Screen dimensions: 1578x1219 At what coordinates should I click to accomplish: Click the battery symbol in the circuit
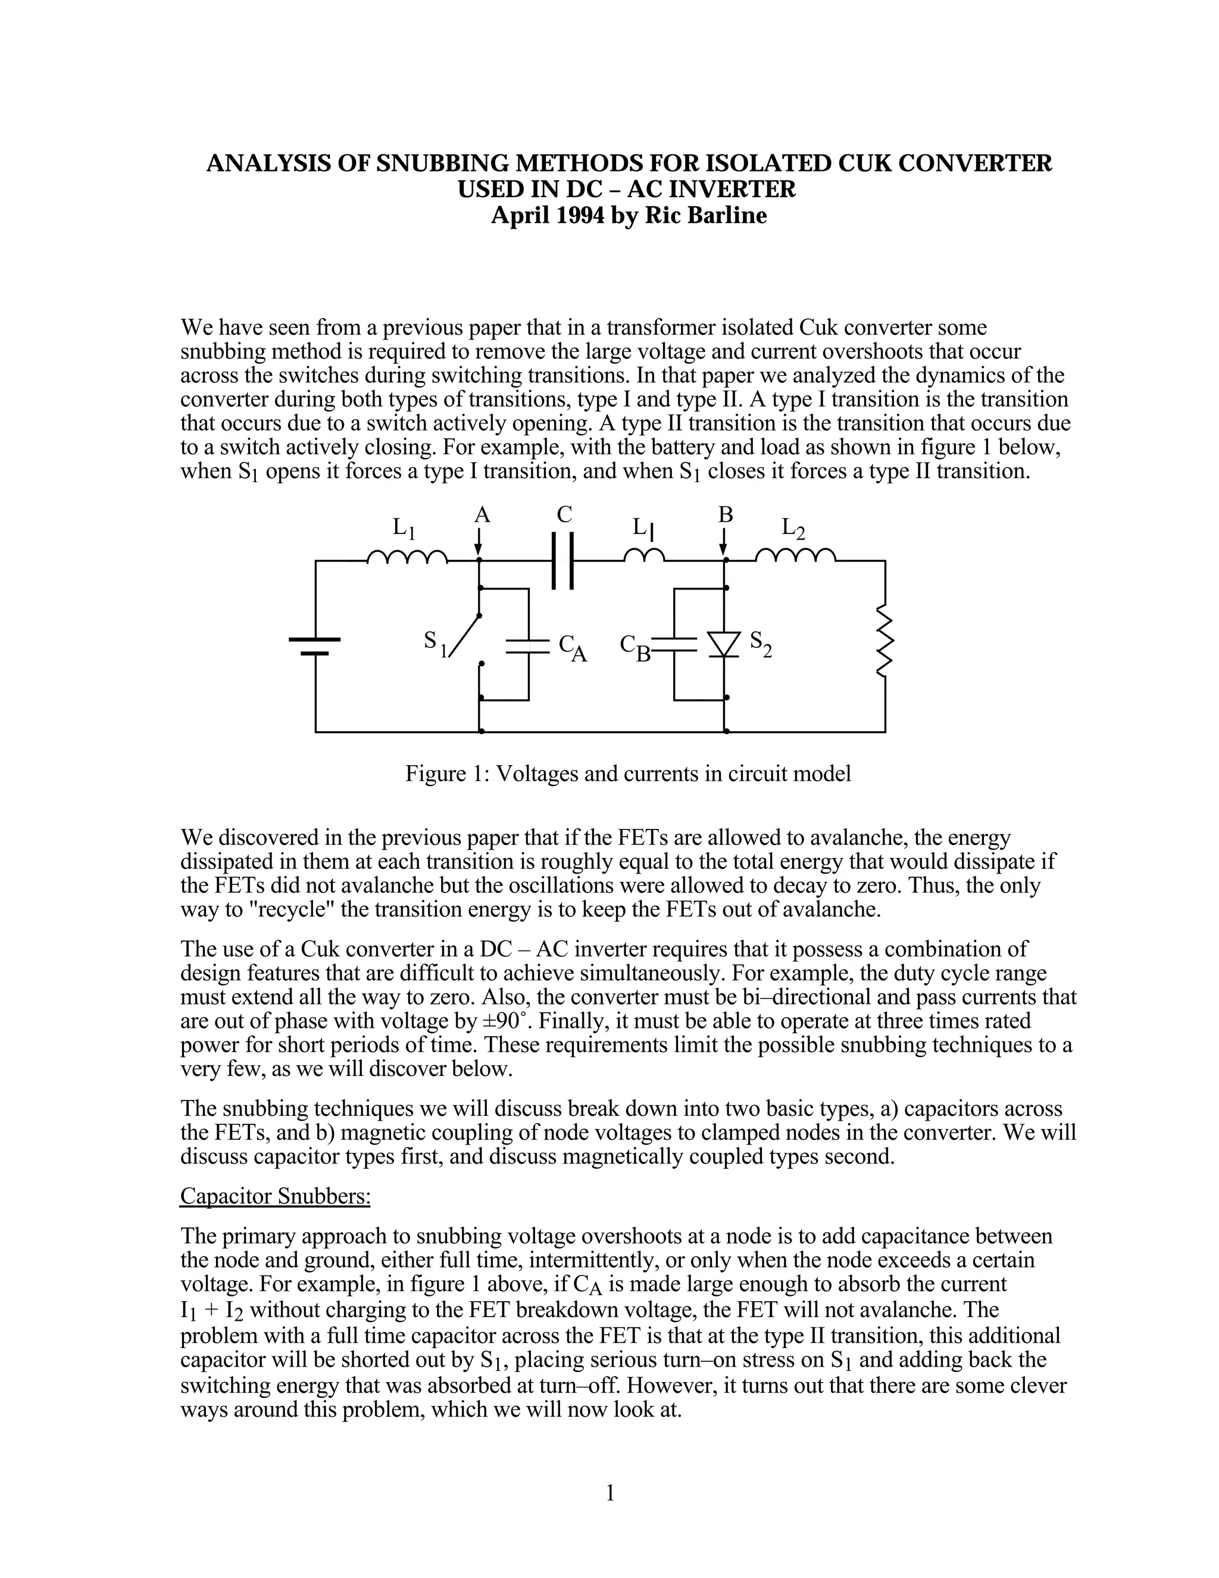[x=315, y=646]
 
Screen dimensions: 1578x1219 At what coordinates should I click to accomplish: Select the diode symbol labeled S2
[x=724, y=643]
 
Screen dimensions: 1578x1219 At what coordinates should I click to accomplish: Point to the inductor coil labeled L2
[x=796, y=556]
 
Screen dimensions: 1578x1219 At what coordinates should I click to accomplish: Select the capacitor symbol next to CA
[x=529, y=645]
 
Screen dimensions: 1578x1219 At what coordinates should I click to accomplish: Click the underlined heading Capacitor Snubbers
[x=275, y=1196]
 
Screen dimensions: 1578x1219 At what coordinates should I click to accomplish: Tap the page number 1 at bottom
[x=609, y=1493]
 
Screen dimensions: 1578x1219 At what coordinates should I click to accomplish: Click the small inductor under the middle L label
[x=644, y=555]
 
